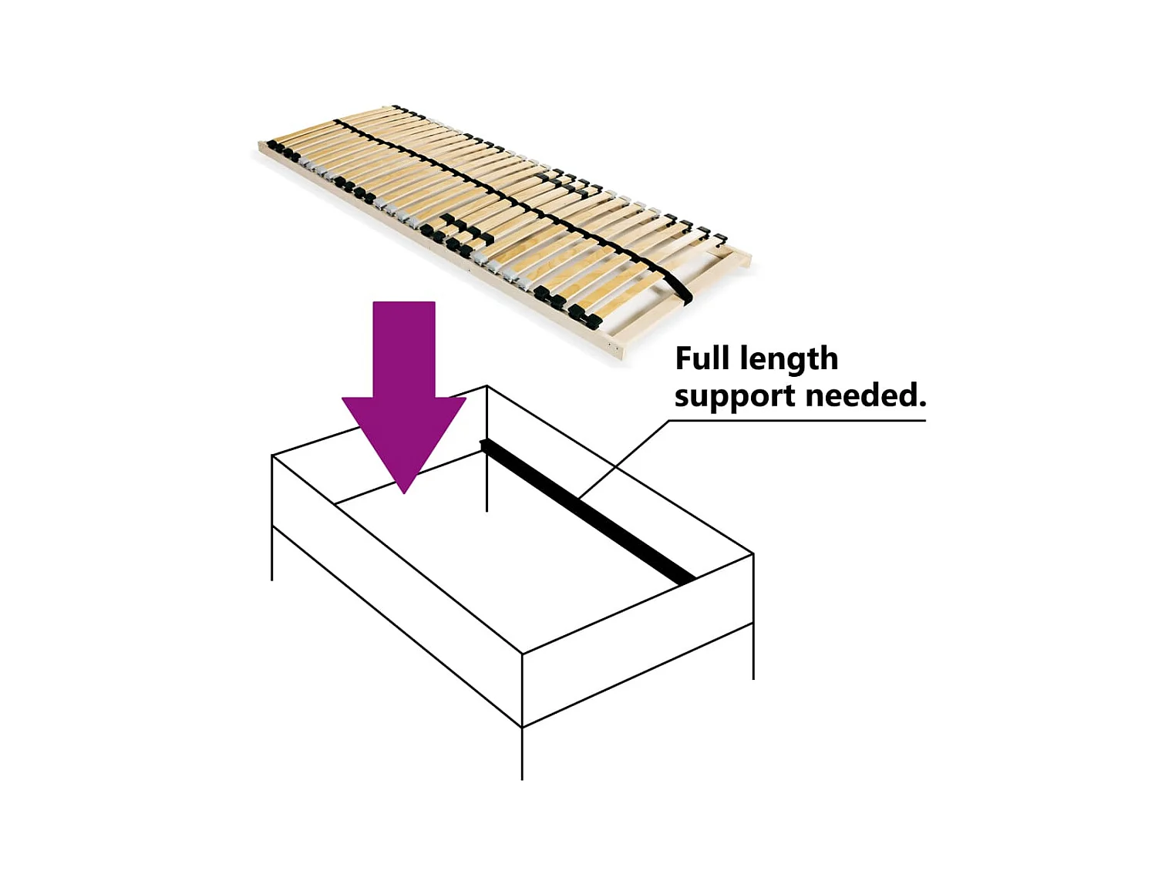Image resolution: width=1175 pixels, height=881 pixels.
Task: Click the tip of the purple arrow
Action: [x=404, y=491]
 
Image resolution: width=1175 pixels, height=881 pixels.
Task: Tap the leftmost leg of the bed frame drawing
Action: [x=272, y=555]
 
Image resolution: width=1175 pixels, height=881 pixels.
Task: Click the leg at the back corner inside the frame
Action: [x=486, y=486]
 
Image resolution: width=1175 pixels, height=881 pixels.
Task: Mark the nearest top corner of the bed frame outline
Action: [x=522, y=654]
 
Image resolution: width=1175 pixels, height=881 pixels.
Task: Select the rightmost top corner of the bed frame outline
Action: [x=753, y=554]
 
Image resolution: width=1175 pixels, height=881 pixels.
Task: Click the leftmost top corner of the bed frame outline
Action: [x=272, y=456]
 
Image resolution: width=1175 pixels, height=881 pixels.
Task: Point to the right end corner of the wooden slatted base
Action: [x=748, y=257]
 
